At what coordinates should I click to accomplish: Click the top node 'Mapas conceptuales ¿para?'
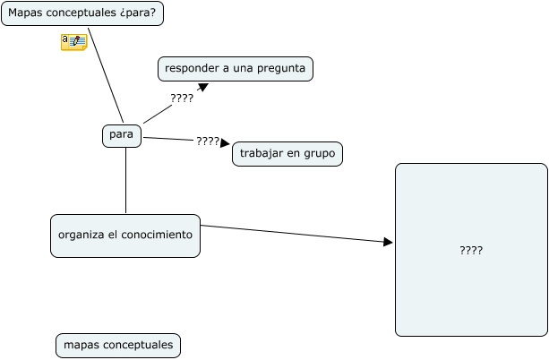tap(81, 13)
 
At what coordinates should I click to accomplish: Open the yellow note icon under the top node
tap(73, 41)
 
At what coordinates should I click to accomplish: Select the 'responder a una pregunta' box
tap(236, 69)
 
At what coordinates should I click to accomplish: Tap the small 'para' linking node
tap(121, 135)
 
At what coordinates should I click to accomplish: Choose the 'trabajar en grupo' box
tap(287, 154)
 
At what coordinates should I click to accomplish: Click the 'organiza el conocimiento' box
tap(124, 236)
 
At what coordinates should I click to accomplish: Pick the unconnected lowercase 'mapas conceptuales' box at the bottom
tap(118, 346)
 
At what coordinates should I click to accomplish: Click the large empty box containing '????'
tap(471, 250)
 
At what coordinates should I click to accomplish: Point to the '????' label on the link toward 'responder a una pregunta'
tap(182, 99)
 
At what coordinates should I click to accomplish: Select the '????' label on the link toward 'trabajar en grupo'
tap(208, 141)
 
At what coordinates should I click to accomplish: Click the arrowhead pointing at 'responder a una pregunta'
tap(203, 87)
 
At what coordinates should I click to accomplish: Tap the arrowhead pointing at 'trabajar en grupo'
tap(226, 143)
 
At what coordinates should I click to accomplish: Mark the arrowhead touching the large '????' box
tap(389, 242)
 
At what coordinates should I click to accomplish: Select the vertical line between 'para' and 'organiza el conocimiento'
tap(125, 181)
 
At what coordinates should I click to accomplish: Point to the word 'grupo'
tap(319, 154)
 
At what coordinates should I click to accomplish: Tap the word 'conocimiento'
tap(159, 236)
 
